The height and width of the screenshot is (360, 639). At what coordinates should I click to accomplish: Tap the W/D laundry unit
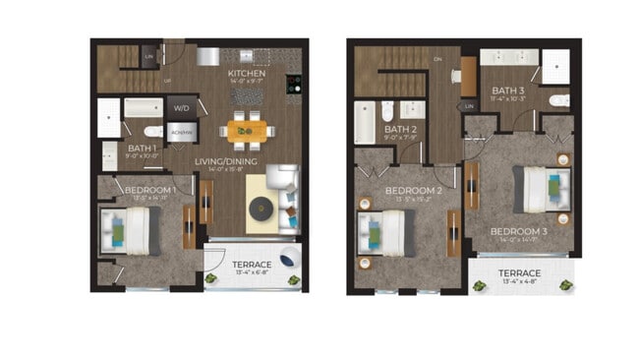coord(182,107)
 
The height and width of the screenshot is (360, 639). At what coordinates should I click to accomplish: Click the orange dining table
coord(247,129)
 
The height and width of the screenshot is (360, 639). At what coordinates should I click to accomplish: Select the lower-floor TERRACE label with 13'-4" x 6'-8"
coord(245,266)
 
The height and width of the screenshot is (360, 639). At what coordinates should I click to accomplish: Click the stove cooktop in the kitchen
coord(293,86)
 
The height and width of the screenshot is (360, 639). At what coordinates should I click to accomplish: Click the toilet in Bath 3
coord(558,100)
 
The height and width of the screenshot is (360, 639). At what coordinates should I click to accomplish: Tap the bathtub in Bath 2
coord(365,123)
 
